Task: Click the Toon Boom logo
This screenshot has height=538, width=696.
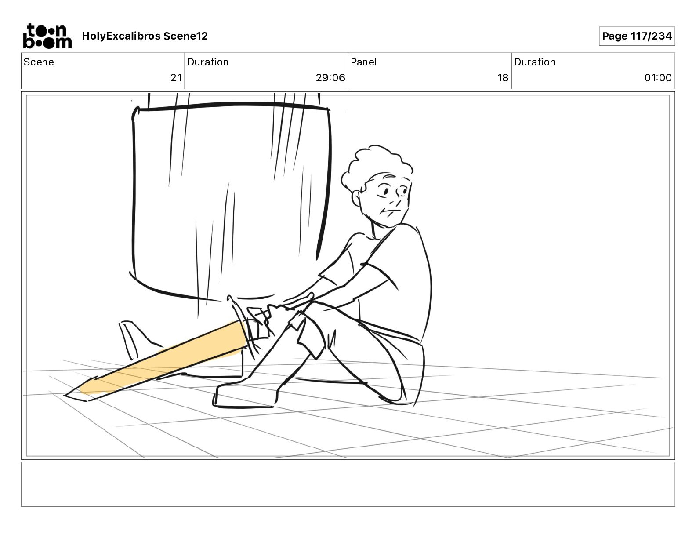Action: click(x=47, y=36)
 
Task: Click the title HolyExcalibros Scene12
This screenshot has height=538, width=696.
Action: click(x=145, y=36)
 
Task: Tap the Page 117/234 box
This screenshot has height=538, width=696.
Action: click(x=637, y=36)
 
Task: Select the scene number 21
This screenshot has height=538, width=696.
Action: click(x=176, y=77)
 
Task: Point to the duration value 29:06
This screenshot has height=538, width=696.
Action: click(x=330, y=77)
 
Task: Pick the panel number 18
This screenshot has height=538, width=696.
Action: click(x=503, y=77)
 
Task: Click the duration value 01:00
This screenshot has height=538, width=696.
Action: click(x=658, y=77)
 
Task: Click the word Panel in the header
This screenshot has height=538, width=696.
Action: click(x=363, y=62)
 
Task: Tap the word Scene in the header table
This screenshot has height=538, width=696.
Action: click(x=39, y=62)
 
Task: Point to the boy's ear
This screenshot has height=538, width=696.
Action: click(x=356, y=198)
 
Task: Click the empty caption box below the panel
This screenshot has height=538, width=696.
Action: click(x=348, y=484)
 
